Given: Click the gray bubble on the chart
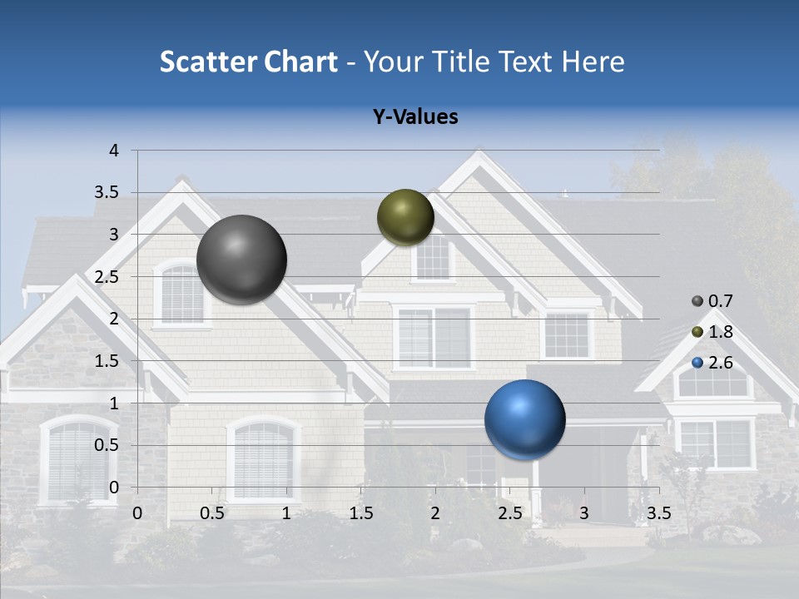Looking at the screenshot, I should (x=241, y=260).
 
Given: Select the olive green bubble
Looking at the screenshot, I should (x=405, y=217).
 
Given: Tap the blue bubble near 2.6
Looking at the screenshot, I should (x=524, y=420).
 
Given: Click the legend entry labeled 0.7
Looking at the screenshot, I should (x=712, y=300).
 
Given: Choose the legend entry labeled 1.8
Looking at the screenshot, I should (x=712, y=332).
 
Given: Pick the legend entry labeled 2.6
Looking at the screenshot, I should (x=712, y=363).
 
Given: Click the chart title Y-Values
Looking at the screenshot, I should (x=414, y=117).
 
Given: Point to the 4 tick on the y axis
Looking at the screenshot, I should (x=114, y=151).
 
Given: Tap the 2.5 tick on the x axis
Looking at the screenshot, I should (x=509, y=513).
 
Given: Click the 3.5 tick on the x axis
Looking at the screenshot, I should (x=658, y=513).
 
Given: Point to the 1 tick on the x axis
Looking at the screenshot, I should (x=286, y=513).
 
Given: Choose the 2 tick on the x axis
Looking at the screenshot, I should (x=435, y=513).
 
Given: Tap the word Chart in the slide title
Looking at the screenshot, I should (x=300, y=62).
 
